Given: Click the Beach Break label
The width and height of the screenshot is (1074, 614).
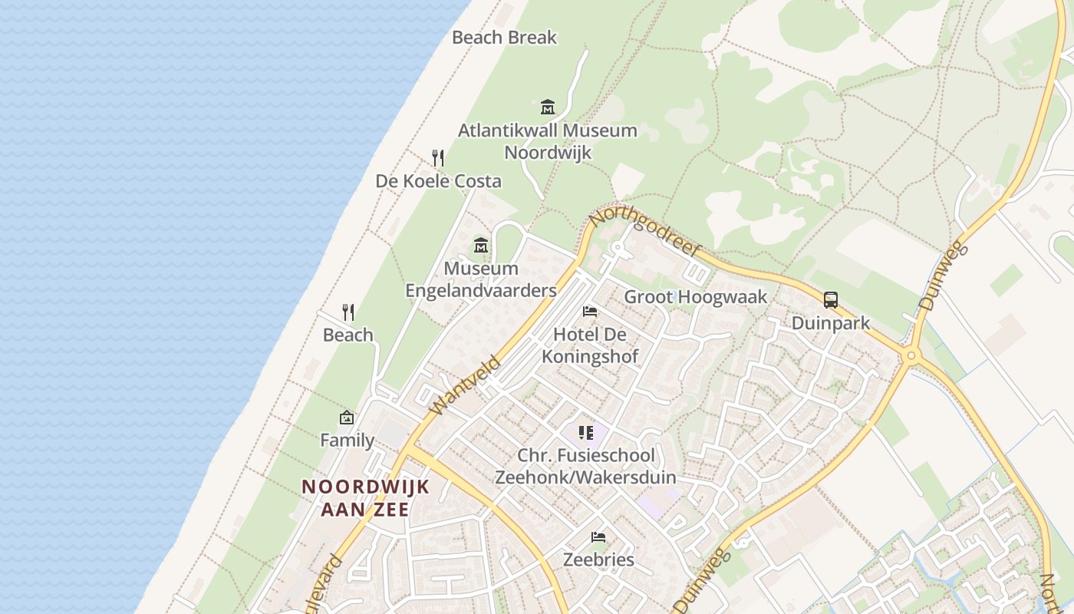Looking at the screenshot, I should pos(504,37).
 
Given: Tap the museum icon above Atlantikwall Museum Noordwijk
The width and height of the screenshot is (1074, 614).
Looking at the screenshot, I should pos(547,107).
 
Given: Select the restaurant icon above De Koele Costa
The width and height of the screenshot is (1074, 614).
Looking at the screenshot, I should pos(438,158).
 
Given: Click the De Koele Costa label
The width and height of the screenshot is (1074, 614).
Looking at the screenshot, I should pos(438,181).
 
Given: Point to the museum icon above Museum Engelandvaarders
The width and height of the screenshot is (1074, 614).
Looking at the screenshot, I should pos(481,246).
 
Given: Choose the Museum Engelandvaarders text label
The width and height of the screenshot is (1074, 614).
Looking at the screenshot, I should pos(481,279).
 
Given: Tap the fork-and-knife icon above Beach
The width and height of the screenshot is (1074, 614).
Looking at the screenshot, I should pos(348,312).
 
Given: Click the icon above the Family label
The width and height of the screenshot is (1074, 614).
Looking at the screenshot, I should pos(347,418).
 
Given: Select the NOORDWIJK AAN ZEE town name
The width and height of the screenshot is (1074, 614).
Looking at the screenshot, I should pos(365,497).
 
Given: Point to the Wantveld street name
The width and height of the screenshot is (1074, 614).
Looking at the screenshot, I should pos(466,385).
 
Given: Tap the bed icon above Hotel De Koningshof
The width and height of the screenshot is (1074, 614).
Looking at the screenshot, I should pos(590,312).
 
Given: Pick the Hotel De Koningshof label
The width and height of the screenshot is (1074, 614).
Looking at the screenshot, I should pos(590,345).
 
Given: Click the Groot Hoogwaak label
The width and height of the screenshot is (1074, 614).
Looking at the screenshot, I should pos(695,297).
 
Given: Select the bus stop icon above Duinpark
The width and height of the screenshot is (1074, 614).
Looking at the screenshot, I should pos(831,300).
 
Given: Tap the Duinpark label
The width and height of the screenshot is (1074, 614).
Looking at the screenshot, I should pos(831,323).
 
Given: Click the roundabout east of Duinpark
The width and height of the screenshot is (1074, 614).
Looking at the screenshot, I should pos(911,355).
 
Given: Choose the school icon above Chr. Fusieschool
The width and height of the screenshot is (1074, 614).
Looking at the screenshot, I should pos(586,433).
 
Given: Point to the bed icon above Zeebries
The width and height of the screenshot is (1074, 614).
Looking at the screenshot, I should pos(598,536).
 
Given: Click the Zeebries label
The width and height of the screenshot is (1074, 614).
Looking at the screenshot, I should pos(598,560).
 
